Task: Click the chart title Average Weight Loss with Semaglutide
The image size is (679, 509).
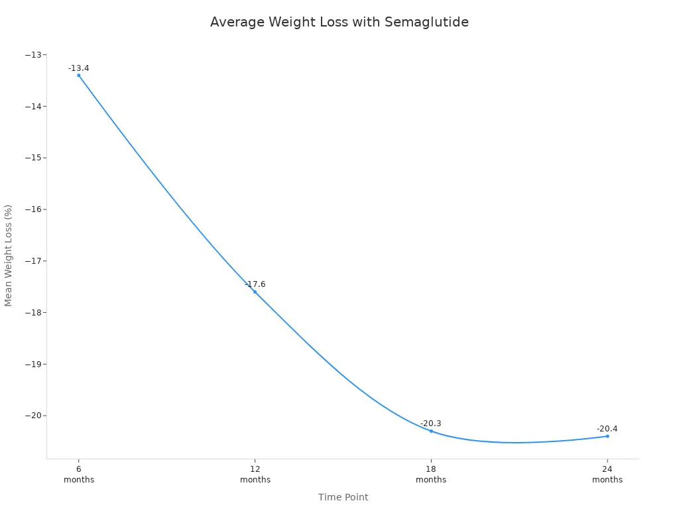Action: click(339, 22)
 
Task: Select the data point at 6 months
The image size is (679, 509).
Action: click(79, 76)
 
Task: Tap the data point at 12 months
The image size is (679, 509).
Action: click(255, 292)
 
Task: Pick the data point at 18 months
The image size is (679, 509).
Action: click(431, 431)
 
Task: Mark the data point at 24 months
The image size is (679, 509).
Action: click(607, 436)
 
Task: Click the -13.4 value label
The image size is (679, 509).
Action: click(78, 68)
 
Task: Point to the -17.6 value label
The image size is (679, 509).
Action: click(255, 284)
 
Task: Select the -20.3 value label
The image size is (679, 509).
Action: click(430, 424)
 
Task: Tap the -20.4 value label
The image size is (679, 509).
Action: click(607, 429)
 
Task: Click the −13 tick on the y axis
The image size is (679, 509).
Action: click(32, 55)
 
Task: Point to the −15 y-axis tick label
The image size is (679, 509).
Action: click(32, 158)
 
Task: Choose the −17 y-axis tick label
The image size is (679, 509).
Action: click(32, 261)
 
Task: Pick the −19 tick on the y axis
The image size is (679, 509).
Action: click(32, 365)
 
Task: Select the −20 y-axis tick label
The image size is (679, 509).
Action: click(32, 416)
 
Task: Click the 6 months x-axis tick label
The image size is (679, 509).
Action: click(79, 474)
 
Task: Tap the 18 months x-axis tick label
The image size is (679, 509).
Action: click(431, 474)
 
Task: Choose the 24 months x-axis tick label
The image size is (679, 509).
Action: click(607, 474)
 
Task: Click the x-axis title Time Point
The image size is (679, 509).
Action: click(343, 497)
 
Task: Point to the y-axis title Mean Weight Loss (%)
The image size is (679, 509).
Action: click(9, 255)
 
